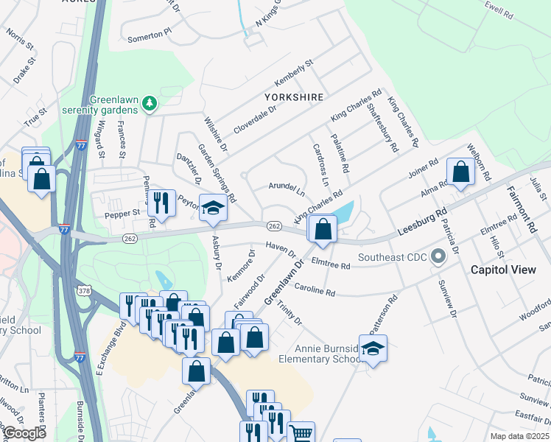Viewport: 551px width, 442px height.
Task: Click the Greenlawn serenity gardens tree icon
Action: point(150,102)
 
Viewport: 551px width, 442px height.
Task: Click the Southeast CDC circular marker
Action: point(439,257)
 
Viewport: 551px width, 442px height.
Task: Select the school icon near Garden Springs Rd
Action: point(213,209)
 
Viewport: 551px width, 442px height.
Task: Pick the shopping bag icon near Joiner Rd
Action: point(460,173)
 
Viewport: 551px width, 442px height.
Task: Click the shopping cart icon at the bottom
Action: point(301,433)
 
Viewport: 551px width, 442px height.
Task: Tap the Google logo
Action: point(24,432)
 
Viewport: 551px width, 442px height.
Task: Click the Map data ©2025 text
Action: point(519,436)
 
